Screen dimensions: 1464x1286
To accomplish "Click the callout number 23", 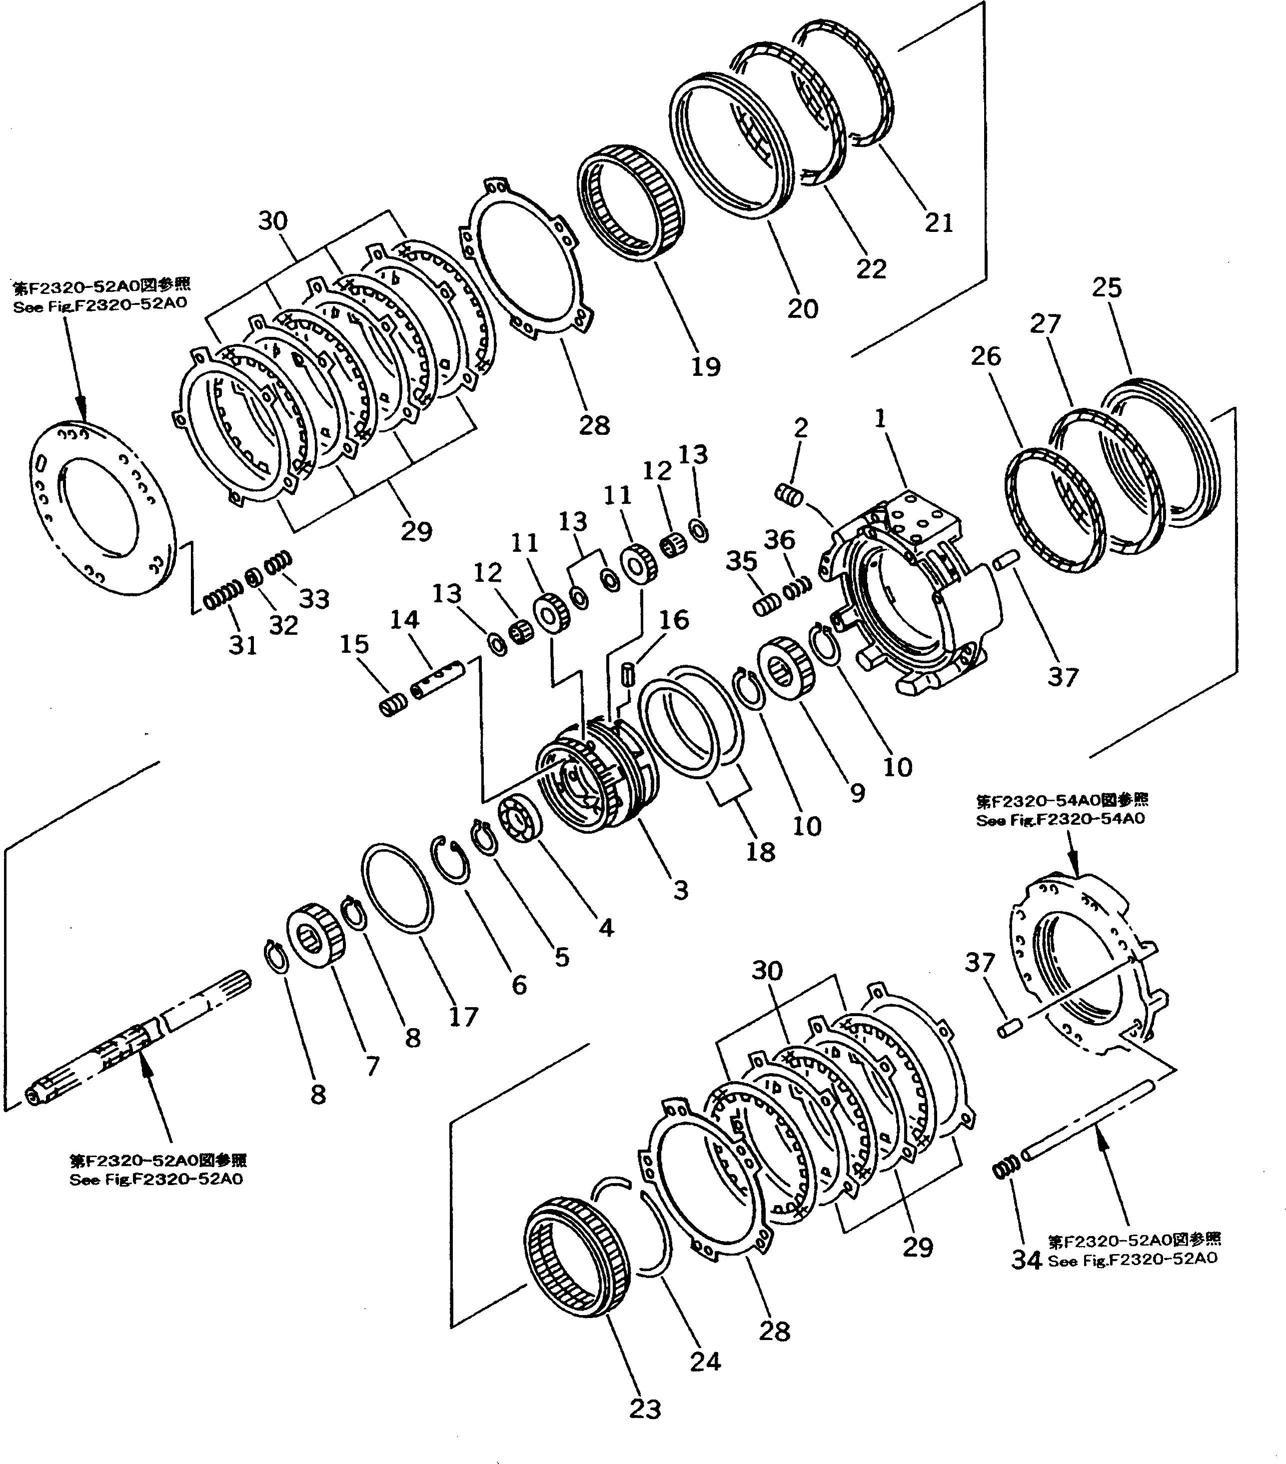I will [644, 1409].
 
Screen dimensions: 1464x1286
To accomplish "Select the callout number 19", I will [705, 367].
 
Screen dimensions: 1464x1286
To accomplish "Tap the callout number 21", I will [939, 223].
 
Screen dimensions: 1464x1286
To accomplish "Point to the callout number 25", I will [1106, 288].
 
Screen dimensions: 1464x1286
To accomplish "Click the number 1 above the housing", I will [881, 418].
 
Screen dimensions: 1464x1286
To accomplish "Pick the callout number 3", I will [680, 890].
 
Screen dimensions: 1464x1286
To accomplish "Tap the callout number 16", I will [674, 620].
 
